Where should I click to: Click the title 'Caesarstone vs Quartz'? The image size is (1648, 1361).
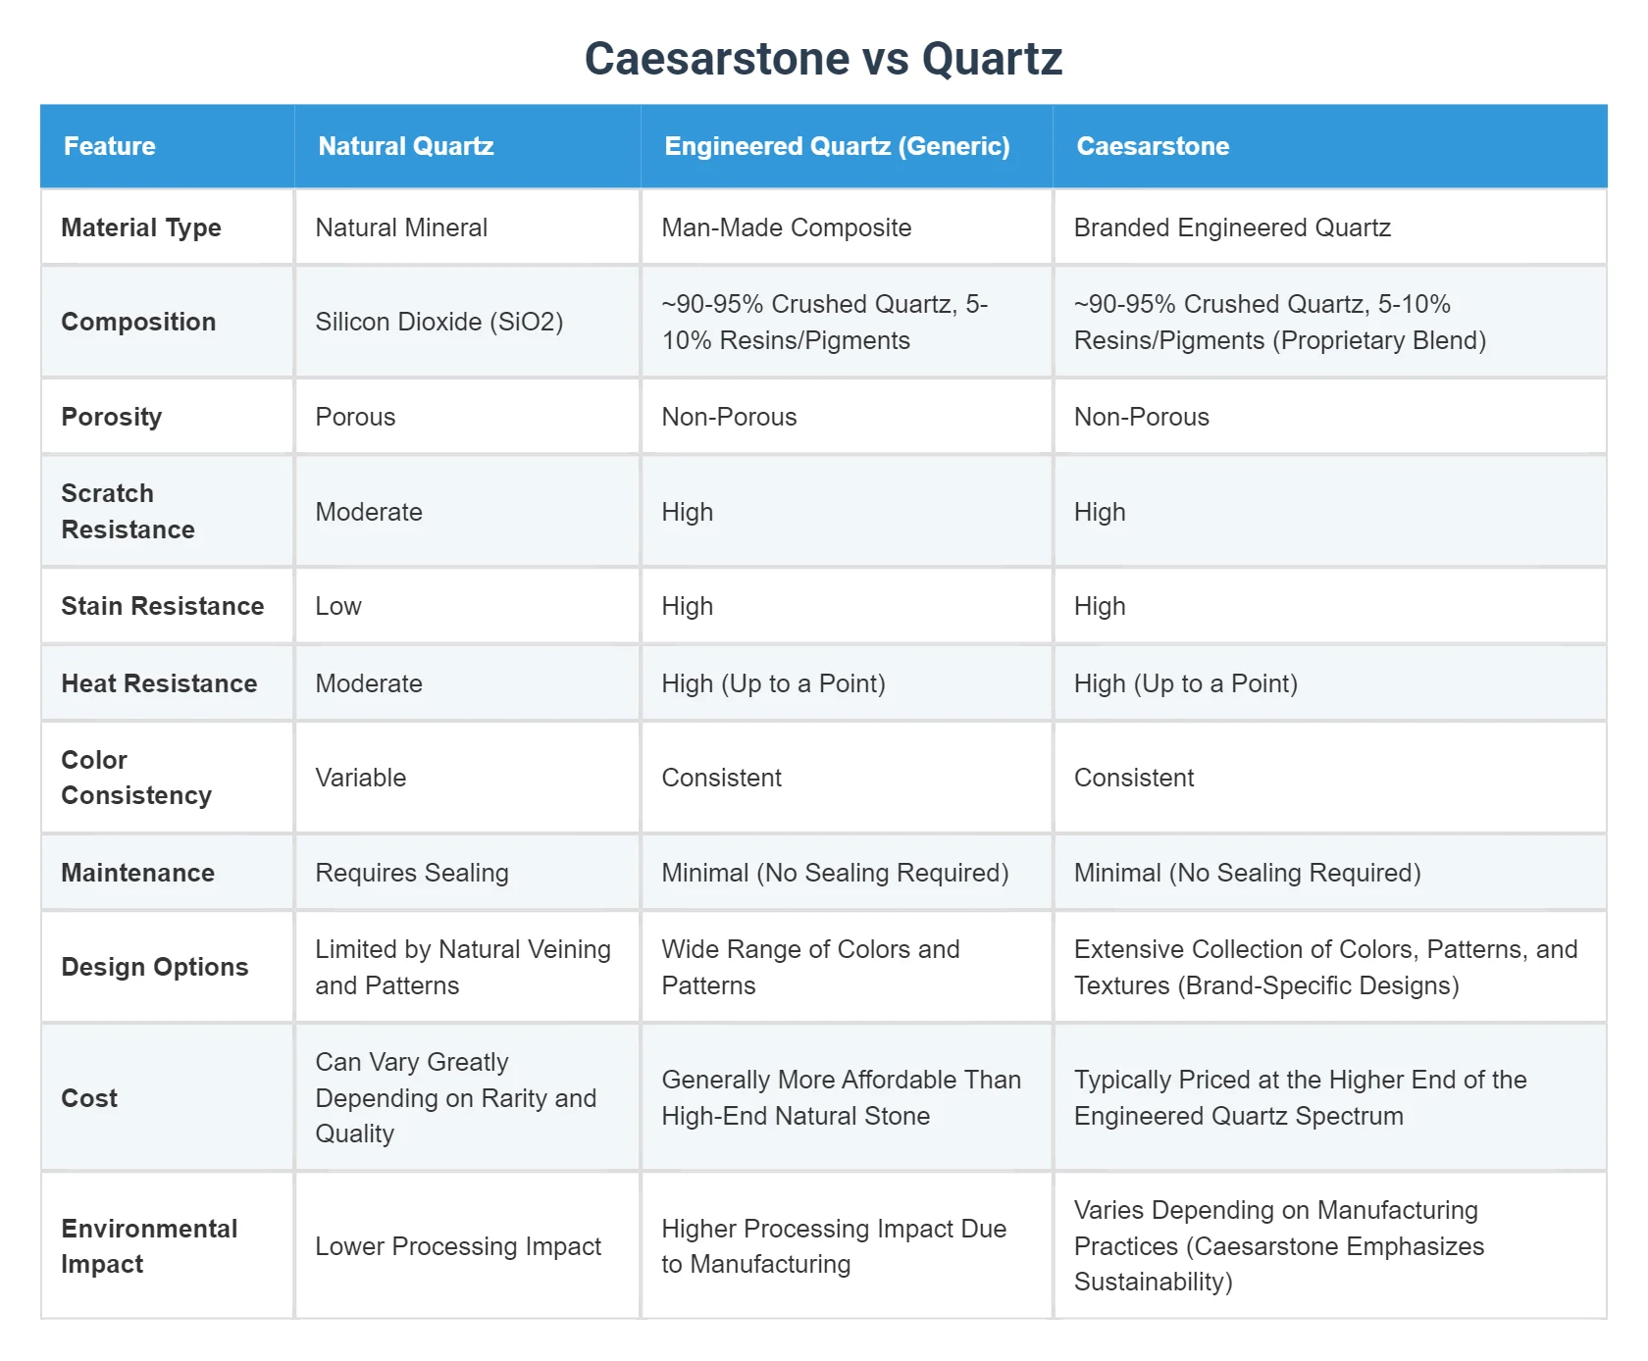click(823, 59)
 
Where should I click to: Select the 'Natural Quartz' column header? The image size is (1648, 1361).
click(405, 146)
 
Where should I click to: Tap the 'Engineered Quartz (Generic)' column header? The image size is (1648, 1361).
click(837, 146)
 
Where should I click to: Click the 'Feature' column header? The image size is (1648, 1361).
click(109, 146)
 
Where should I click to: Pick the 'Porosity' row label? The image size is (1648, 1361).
click(111, 417)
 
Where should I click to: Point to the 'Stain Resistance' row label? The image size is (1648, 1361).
click(162, 606)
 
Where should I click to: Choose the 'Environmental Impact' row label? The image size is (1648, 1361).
click(149, 1246)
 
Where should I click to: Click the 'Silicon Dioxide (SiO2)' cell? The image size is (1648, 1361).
click(438, 322)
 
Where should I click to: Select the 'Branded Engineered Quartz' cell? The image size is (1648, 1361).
click(1232, 227)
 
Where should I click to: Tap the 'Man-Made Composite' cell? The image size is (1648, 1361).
click(786, 227)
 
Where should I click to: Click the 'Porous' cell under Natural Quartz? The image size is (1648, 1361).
click(355, 417)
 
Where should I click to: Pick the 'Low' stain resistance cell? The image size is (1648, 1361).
click(338, 606)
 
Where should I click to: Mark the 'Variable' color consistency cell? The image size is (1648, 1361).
click(360, 778)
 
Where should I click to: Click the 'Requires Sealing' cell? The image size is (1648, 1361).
click(411, 873)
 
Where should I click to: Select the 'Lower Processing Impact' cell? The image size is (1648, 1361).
click(458, 1246)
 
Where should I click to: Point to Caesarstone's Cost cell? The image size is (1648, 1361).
click(1300, 1097)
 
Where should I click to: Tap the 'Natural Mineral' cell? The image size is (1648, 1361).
click(401, 227)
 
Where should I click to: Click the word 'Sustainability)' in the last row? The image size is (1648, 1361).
click(1153, 1282)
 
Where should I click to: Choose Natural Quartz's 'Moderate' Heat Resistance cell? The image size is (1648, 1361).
click(368, 683)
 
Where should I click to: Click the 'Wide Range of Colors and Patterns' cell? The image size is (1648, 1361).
click(810, 967)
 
